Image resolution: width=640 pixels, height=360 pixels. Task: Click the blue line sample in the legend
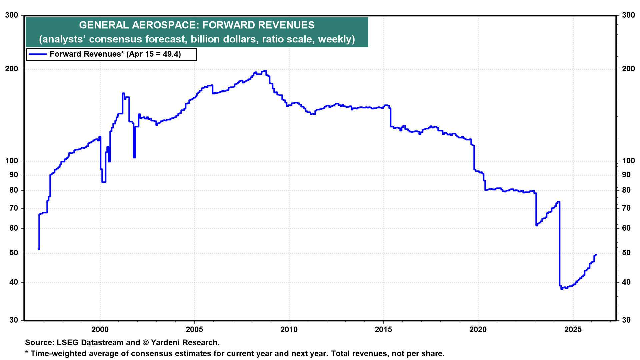(x=37, y=54)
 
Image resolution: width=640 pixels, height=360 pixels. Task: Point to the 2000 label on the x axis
(x=100, y=330)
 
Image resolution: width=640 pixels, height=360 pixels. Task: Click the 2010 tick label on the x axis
(x=289, y=330)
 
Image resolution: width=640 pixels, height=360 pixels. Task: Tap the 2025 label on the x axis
(x=573, y=330)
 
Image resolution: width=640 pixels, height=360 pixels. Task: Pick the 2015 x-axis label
(x=383, y=330)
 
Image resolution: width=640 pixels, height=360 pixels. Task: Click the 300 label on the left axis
(x=12, y=15)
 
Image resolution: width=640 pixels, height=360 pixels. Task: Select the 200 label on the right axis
(x=628, y=69)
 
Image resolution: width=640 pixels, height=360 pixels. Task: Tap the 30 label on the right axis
(x=626, y=320)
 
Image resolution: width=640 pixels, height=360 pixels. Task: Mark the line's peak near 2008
(x=265, y=71)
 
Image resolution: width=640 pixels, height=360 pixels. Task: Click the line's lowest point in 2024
(x=562, y=289)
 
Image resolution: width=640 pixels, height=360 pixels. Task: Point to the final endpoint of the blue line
(x=596, y=255)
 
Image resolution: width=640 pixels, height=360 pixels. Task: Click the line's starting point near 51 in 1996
(x=39, y=249)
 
